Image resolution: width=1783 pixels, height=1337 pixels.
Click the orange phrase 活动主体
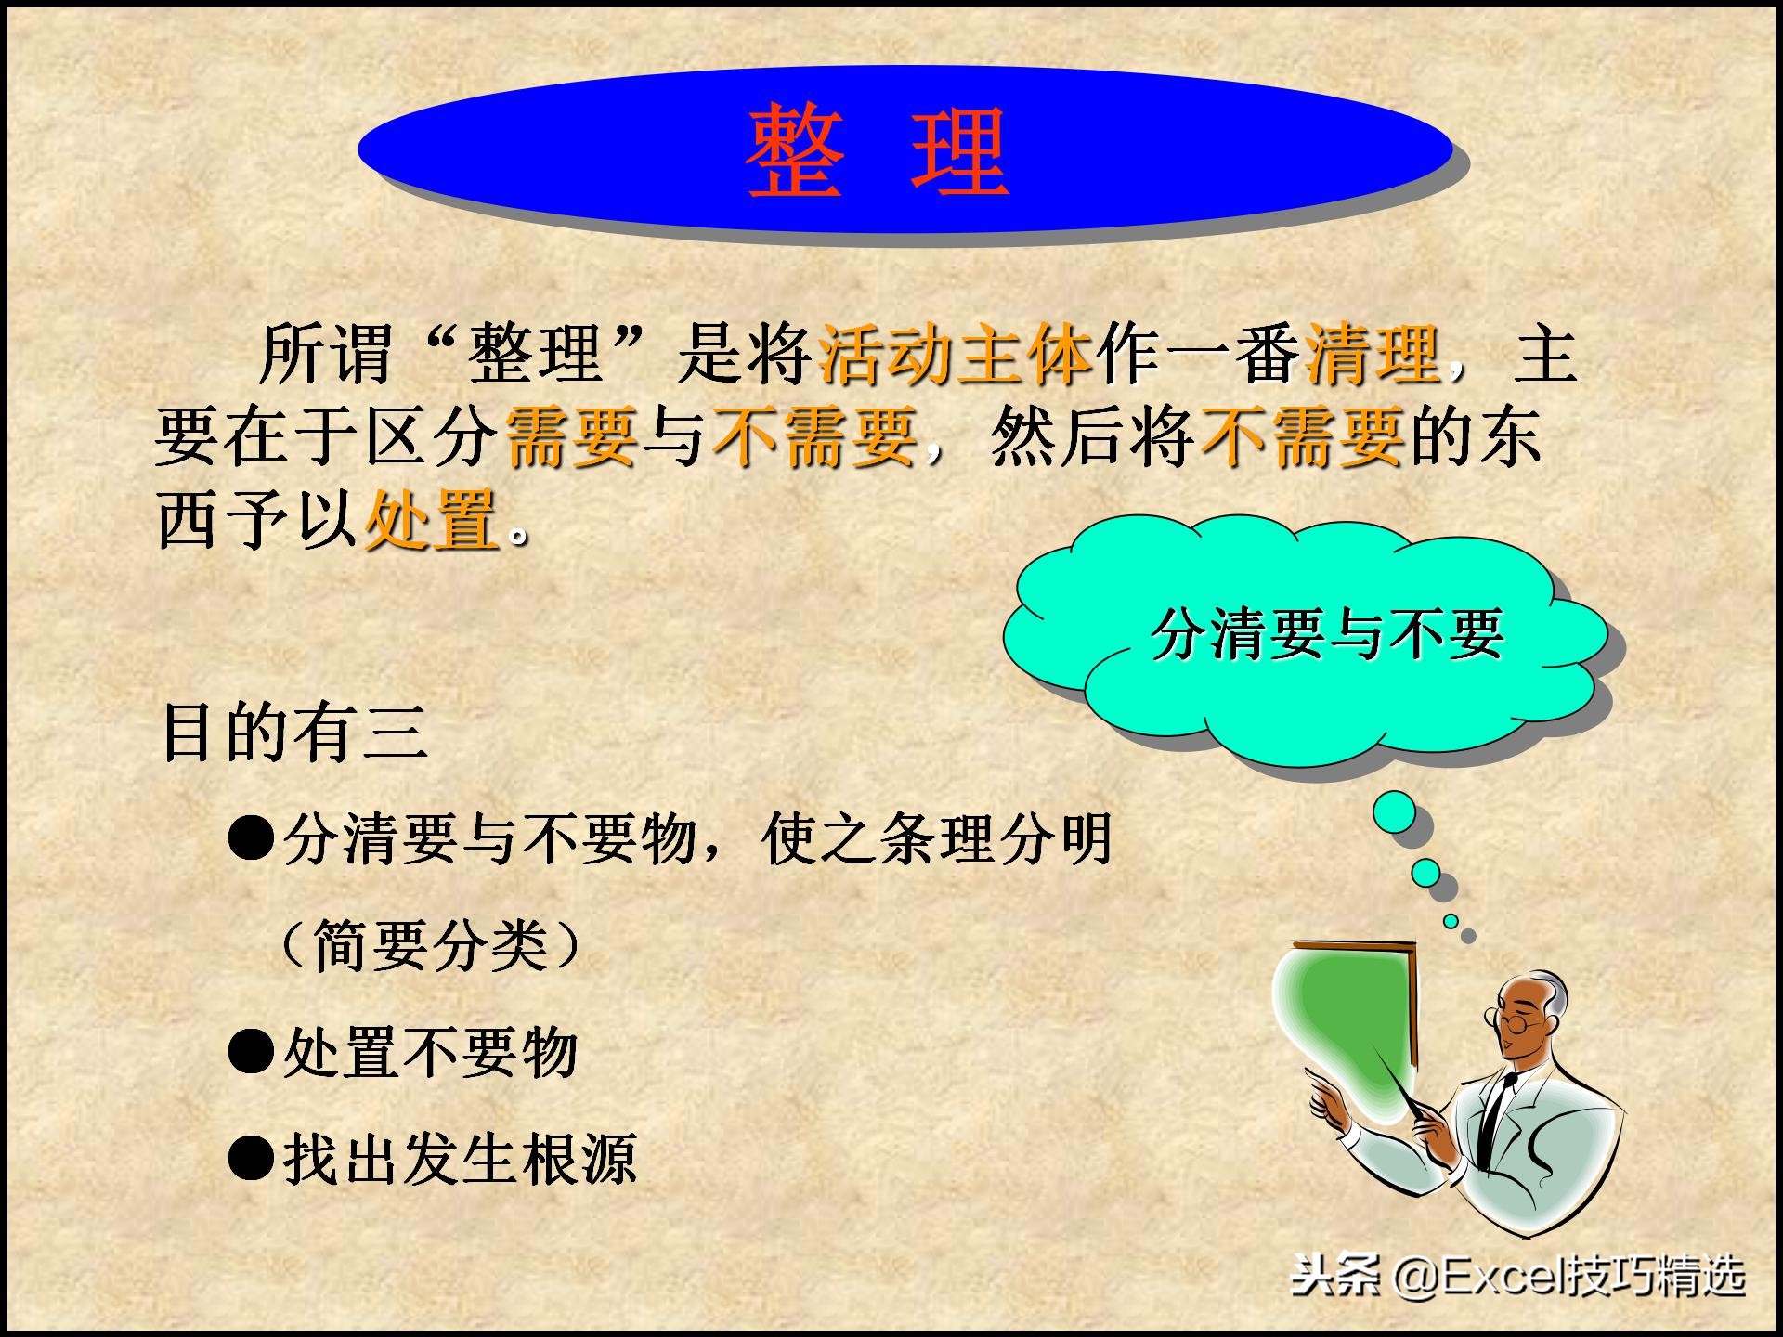pyautogui.click(x=956, y=355)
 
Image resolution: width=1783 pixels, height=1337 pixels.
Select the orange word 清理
pyautogui.click(x=1373, y=355)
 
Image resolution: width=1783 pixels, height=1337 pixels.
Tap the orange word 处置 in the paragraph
pyautogui.click(x=432, y=521)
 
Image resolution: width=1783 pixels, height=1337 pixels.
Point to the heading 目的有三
pyautogui.click(x=295, y=733)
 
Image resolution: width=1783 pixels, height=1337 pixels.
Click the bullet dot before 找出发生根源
pyautogui.click(x=251, y=1159)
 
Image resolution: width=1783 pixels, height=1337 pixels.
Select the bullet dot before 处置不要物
pyautogui.click(x=251, y=1053)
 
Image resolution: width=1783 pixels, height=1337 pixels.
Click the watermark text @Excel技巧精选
pyautogui.click(x=1569, y=1277)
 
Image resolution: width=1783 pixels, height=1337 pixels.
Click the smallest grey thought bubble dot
pyautogui.click(x=1468, y=936)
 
